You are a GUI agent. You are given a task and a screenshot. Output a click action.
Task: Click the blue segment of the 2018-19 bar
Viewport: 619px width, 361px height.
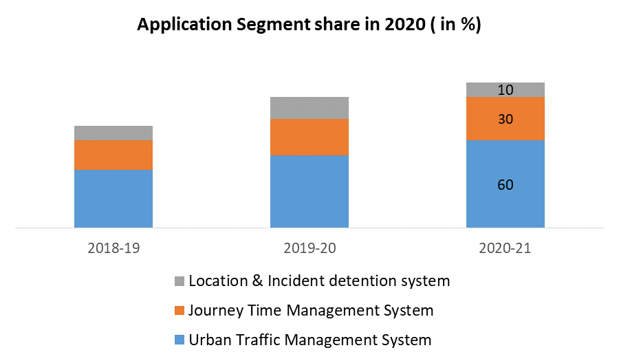[x=113, y=198]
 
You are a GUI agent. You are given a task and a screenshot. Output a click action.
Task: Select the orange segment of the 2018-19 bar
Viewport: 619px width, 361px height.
[x=113, y=155]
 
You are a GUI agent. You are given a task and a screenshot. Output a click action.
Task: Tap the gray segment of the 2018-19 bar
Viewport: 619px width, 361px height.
[x=113, y=133]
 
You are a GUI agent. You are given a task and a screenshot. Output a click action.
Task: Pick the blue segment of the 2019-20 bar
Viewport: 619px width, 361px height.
[x=309, y=190]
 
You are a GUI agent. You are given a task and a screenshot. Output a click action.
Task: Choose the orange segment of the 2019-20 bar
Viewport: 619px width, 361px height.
[x=309, y=137]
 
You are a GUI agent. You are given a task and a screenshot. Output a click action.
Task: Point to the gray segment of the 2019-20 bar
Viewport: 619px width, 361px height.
[x=309, y=108]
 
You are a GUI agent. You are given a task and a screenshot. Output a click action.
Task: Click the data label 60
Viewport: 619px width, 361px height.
[x=506, y=185]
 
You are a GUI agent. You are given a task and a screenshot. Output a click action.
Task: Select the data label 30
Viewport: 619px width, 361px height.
[x=506, y=119]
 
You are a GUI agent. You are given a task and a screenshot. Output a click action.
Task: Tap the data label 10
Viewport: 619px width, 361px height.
[x=506, y=90]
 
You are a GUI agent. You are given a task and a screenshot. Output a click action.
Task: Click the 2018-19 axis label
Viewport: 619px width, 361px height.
[x=113, y=248]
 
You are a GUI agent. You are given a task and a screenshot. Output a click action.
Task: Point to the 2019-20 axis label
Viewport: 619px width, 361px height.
[x=309, y=248]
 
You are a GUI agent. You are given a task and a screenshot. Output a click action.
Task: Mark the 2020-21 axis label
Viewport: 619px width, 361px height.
[x=506, y=248]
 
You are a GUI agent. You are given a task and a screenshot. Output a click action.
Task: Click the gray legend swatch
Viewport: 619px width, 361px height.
[x=180, y=281]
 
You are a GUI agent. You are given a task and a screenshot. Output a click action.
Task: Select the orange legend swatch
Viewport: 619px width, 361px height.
[x=180, y=311]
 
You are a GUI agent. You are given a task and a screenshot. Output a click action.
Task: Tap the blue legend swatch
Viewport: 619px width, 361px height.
[x=180, y=340]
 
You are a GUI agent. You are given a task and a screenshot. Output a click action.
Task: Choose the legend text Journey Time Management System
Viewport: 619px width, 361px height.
[x=311, y=311]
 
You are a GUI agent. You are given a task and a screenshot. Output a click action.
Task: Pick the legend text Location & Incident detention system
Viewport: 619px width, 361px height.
[x=319, y=281]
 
